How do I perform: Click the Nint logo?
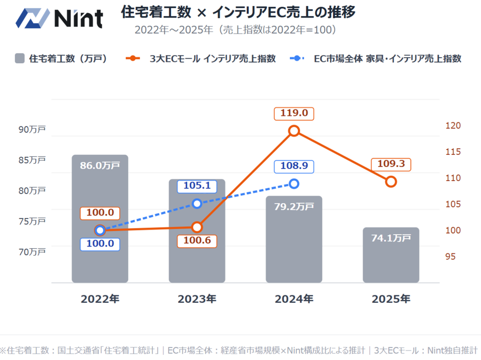pos(59,18)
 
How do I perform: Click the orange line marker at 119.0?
pos(294,130)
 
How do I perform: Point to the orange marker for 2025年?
pos(391,182)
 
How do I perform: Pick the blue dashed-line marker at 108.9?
pos(294,184)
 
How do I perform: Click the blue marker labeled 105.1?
pos(197,203)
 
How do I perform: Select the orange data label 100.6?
pos(197,241)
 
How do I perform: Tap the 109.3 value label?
pos(391,165)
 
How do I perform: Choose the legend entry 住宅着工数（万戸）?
pos(61,59)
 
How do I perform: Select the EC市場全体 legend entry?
pos(375,59)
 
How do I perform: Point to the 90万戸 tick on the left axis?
pos(32,129)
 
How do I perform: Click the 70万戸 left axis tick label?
pos(32,252)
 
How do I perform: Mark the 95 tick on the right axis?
pos(450,256)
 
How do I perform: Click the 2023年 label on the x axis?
pos(197,299)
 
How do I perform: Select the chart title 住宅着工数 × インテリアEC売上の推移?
pos(238,12)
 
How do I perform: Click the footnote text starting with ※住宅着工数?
pos(240,350)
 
